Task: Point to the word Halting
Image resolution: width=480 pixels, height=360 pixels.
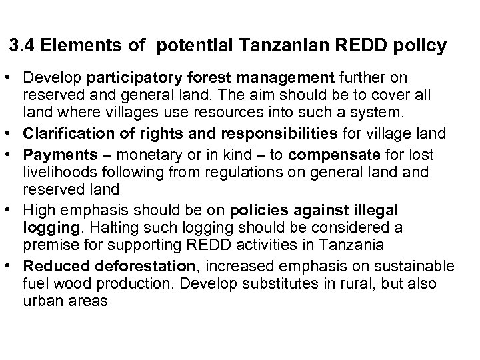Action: [x=115, y=228]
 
